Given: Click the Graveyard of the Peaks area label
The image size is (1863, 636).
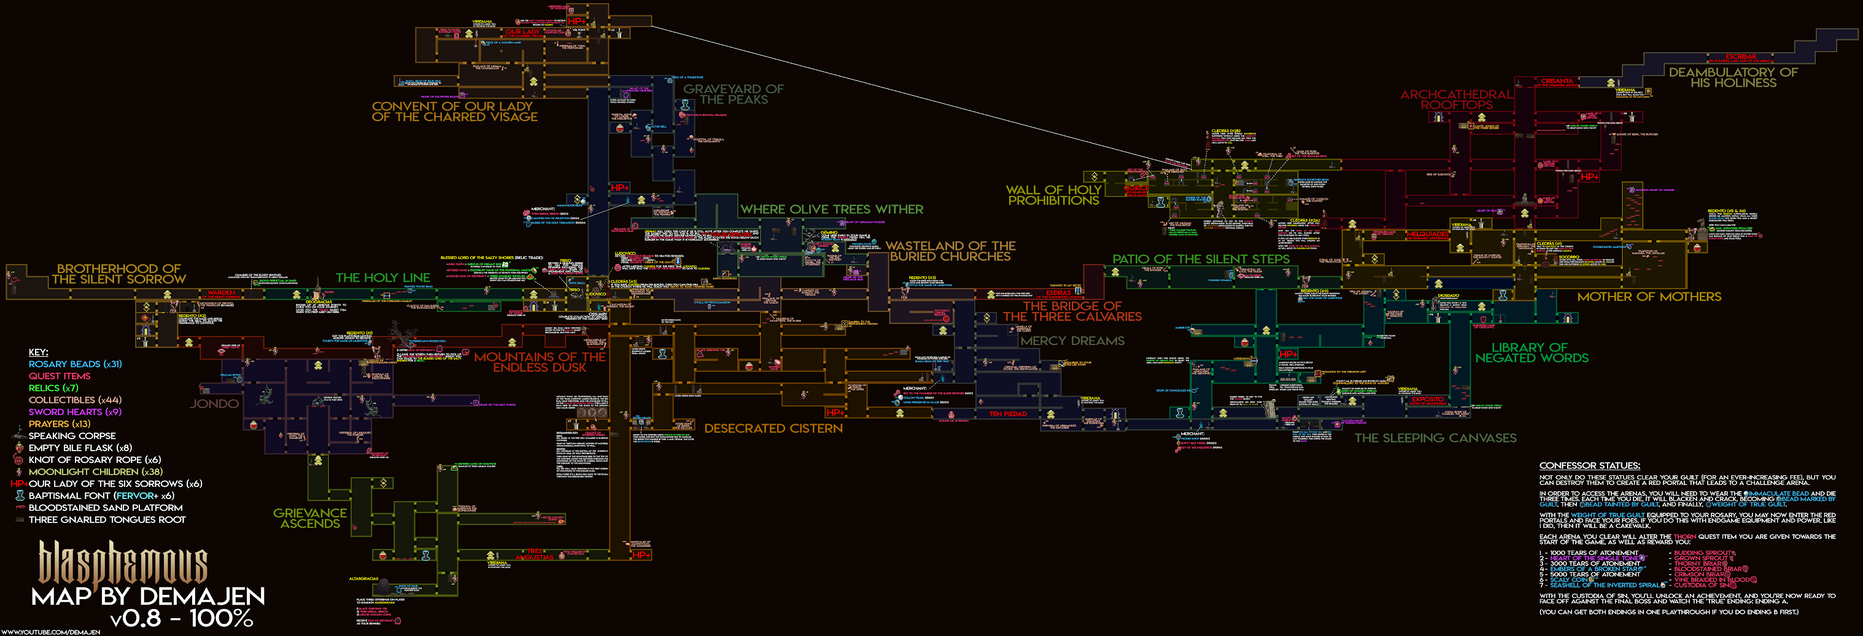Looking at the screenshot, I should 734,94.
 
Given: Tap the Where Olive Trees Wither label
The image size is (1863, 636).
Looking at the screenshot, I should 831,209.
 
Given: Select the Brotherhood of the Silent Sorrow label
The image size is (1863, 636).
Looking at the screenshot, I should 118,274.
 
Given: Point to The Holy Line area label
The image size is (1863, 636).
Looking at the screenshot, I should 382,278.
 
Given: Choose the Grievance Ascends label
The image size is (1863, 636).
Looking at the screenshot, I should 309,518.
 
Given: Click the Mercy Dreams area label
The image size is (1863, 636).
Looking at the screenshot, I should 1072,341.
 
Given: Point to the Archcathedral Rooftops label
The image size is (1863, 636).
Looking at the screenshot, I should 1456,100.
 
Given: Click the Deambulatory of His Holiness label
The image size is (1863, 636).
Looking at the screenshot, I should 1733,77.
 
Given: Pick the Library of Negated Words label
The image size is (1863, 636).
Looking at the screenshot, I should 1531,352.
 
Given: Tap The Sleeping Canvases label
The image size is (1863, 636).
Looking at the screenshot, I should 1435,438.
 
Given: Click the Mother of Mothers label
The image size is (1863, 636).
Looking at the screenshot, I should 1649,297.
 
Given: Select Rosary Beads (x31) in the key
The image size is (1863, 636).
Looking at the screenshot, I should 76,364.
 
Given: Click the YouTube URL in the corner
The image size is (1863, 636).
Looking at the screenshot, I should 50,632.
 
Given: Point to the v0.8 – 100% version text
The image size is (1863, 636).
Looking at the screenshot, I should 181,619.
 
